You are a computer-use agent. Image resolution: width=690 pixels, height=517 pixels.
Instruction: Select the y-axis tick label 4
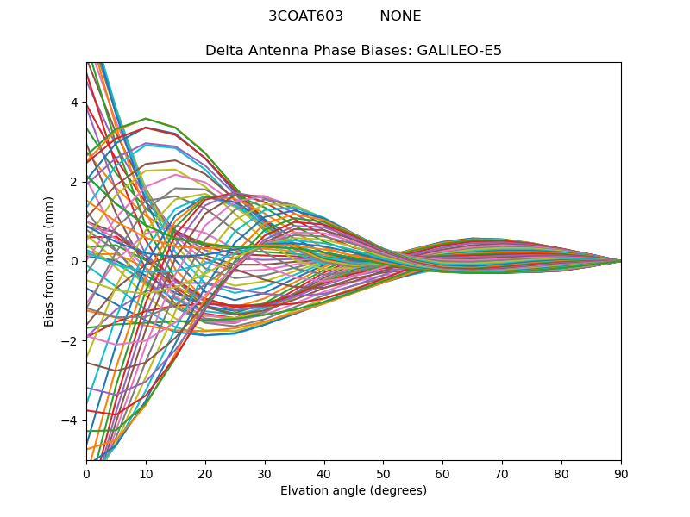click(73, 103)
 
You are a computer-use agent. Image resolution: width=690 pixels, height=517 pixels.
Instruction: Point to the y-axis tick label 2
click(73, 182)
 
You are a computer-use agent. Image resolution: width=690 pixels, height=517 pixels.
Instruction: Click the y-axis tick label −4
click(70, 420)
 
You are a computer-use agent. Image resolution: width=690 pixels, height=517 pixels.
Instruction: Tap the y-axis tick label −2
click(70, 341)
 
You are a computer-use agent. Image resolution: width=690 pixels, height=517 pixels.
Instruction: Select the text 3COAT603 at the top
click(305, 16)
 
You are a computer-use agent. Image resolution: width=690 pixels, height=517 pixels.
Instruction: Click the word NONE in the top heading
click(400, 16)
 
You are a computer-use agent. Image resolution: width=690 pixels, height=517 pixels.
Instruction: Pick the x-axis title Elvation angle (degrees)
click(354, 491)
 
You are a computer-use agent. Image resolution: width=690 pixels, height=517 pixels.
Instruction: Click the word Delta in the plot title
click(224, 51)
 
